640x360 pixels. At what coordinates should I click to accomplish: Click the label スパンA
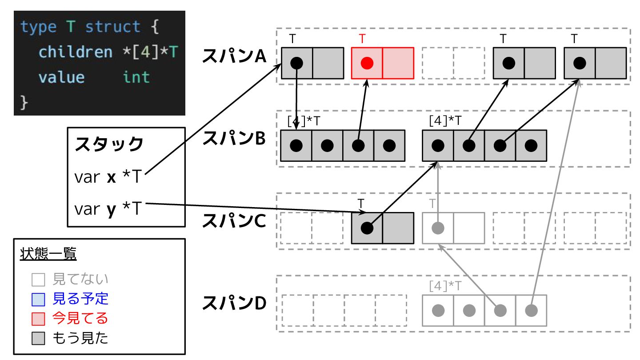click(234, 56)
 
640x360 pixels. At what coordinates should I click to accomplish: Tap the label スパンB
click(234, 139)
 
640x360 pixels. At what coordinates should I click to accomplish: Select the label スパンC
click(234, 221)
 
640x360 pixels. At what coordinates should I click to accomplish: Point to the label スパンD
click(234, 304)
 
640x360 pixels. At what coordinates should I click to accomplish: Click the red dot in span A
click(367, 63)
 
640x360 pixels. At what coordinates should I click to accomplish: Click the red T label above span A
click(362, 39)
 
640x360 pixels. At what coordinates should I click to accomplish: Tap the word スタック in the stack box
click(109, 144)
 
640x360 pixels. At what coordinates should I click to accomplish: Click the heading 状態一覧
click(48, 255)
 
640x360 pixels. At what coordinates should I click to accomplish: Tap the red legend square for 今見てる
click(38, 319)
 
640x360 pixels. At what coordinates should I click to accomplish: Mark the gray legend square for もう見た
click(38, 339)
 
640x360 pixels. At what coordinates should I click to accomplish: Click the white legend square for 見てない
click(38, 280)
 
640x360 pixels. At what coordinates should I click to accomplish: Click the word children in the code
click(76, 52)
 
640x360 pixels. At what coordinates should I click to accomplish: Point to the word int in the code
click(136, 77)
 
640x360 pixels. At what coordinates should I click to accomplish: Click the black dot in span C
click(367, 228)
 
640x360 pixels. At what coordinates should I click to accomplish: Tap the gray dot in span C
click(438, 228)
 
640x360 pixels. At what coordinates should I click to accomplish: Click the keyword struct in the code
click(113, 27)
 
